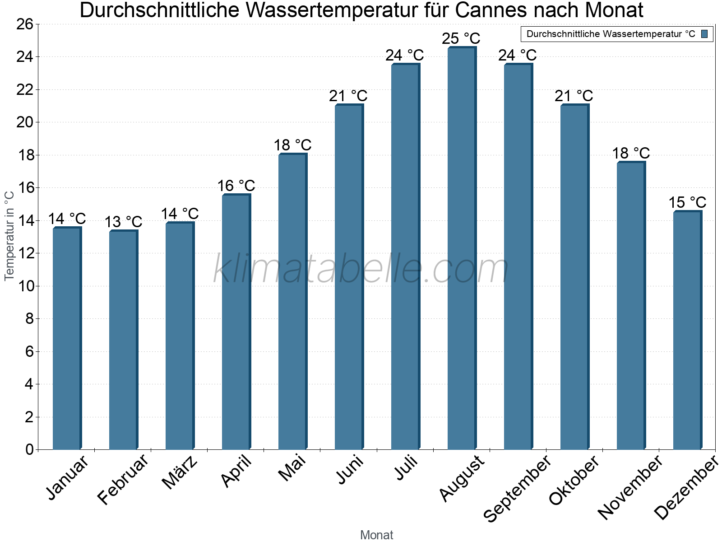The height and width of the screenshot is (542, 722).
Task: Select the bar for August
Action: (461, 248)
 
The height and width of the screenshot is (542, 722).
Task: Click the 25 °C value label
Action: (461, 38)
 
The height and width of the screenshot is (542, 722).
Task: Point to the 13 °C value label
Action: (123, 222)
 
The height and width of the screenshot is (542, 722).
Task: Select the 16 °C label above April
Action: (236, 186)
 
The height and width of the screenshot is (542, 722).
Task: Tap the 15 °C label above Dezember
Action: (687, 202)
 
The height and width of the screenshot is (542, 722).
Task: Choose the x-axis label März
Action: (180, 472)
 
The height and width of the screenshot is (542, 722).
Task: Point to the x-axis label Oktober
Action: (574, 481)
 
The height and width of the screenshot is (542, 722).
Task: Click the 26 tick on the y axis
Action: (25, 24)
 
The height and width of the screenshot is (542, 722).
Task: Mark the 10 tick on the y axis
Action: (25, 286)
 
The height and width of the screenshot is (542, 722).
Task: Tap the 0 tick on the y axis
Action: (29, 449)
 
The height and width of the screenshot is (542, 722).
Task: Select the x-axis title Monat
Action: (376, 535)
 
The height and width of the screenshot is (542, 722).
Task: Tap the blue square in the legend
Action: (704, 34)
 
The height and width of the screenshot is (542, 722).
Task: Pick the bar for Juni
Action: (348, 277)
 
